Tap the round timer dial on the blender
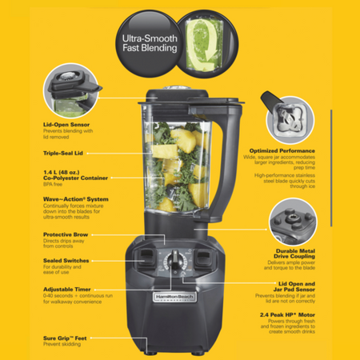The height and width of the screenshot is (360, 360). pos(172,263)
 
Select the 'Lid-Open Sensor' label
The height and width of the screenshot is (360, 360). pos(66,124)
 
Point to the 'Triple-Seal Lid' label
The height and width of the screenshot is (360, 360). pos(65,152)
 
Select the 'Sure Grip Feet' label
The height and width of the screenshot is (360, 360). pos(65,338)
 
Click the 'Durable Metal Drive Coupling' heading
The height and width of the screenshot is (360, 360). pos(285,254)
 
